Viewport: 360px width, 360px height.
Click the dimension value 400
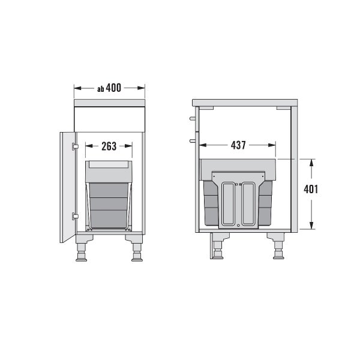tap(113, 88)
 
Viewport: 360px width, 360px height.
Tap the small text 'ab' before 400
tap(101, 89)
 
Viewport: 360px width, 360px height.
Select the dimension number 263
tap(109, 146)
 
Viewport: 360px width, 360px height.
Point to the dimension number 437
tap(238, 145)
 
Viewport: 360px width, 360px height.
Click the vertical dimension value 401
tap(311, 190)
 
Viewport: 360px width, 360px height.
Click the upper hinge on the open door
tap(75, 146)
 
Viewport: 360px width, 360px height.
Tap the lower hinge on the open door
tap(75, 216)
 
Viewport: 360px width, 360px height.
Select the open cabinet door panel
tap(67, 187)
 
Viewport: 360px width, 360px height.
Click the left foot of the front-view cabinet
tap(81, 253)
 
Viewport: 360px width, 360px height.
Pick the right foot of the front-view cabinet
tap(137, 253)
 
